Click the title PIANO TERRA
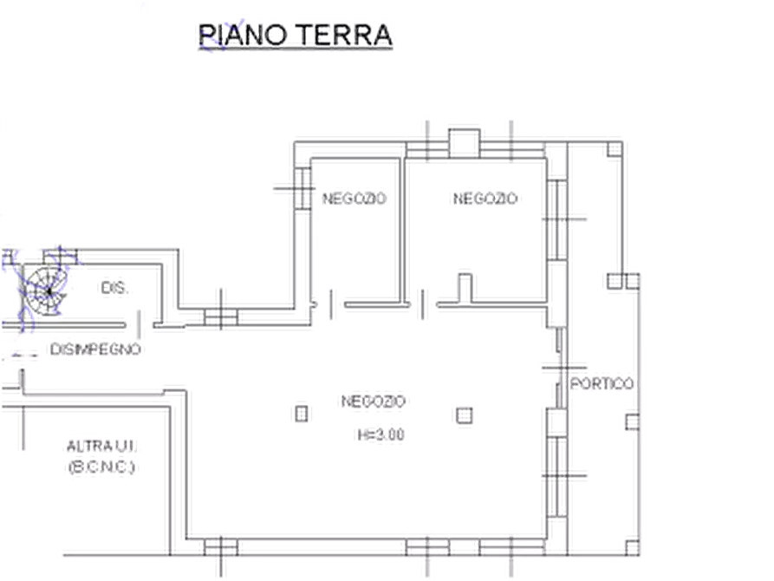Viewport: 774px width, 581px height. [296, 35]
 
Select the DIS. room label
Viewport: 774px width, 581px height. [114, 288]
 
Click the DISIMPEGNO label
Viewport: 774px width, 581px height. [95, 349]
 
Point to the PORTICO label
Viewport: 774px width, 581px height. [602, 384]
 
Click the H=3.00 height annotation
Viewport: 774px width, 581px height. [381, 434]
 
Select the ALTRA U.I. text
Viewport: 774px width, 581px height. [101, 446]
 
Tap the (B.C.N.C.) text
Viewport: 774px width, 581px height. [101, 467]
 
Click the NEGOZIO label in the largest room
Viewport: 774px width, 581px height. [374, 401]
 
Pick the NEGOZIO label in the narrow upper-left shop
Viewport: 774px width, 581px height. [354, 199]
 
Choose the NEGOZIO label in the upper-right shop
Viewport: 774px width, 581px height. [485, 199]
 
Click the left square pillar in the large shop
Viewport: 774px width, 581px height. [302, 414]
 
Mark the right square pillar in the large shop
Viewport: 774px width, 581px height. [464, 415]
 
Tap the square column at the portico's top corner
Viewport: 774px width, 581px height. [615, 149]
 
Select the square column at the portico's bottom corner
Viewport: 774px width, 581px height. [633, 547]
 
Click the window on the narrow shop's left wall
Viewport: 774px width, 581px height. [302, 189]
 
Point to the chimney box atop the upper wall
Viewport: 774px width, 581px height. [464, 143]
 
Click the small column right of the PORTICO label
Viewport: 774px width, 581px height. [633, 422]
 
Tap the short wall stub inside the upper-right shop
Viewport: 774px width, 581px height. [465, 288]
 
